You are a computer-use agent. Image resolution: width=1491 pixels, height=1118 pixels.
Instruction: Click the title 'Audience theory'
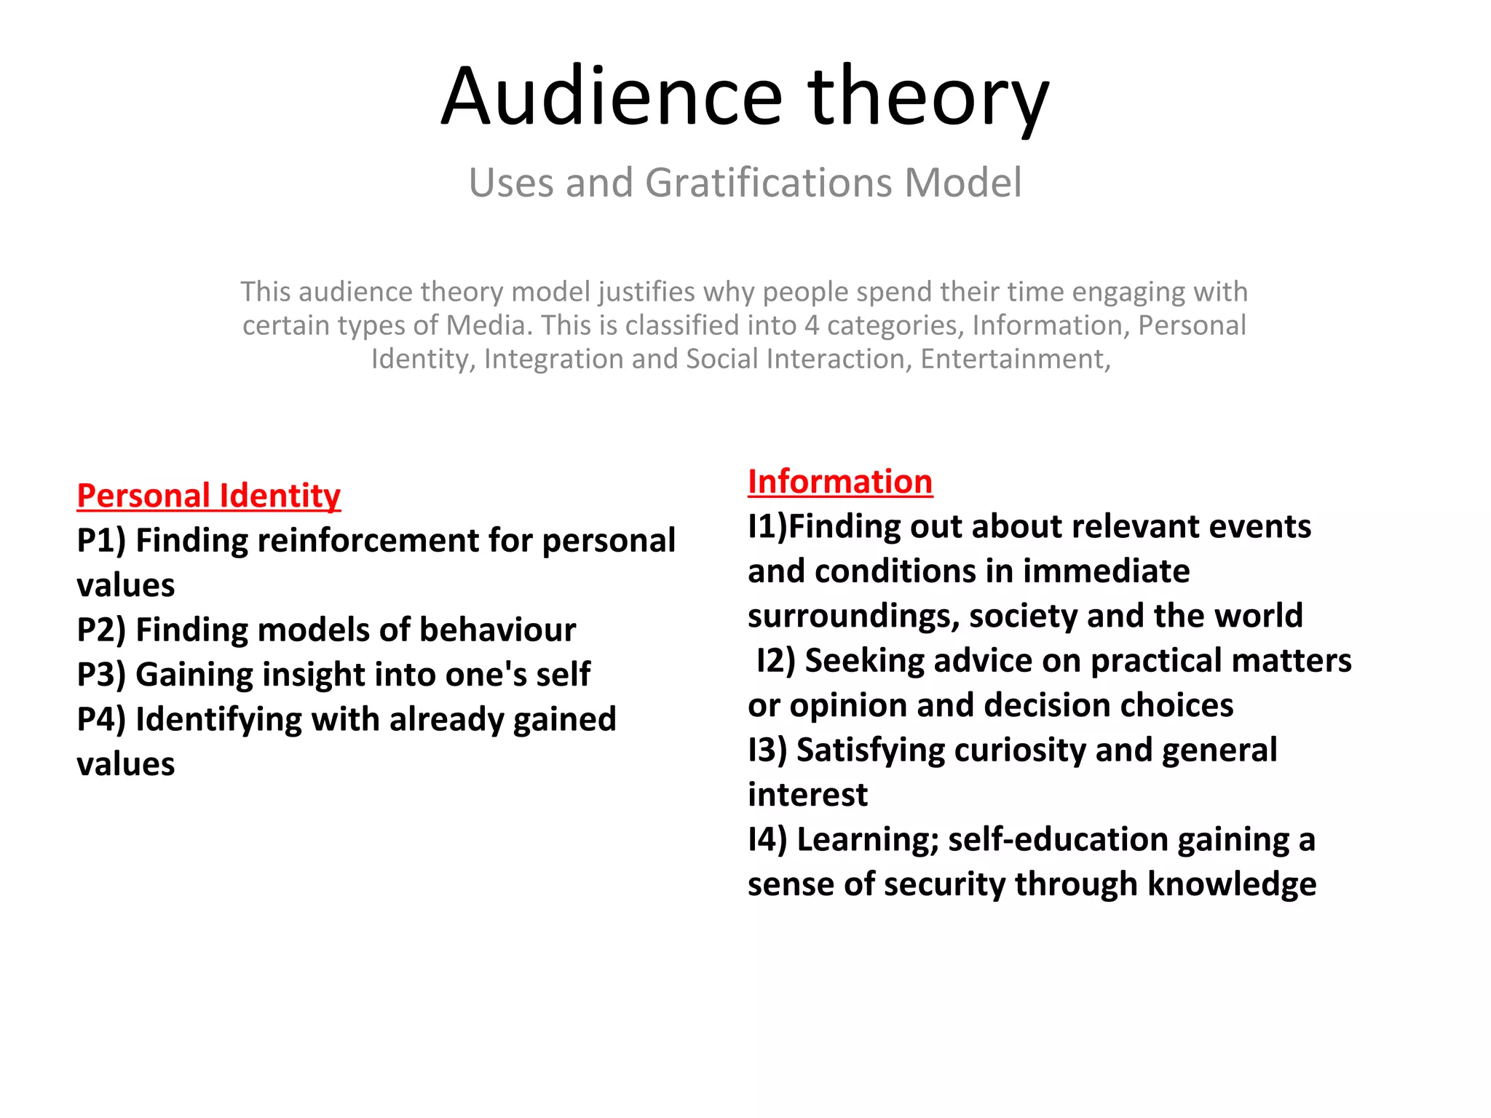(x=745, y=97)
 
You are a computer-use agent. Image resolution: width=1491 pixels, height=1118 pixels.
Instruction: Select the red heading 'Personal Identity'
(x=208, y=496)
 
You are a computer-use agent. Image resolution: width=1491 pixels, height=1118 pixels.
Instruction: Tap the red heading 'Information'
(x=839, y=482)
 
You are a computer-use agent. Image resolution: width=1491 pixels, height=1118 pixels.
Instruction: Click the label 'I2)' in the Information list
(x=775, y=661)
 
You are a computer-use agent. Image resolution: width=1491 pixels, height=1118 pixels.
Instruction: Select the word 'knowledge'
(x=1231, y=884)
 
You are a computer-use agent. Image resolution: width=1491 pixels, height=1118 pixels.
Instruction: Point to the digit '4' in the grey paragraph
(x=811, y=325)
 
